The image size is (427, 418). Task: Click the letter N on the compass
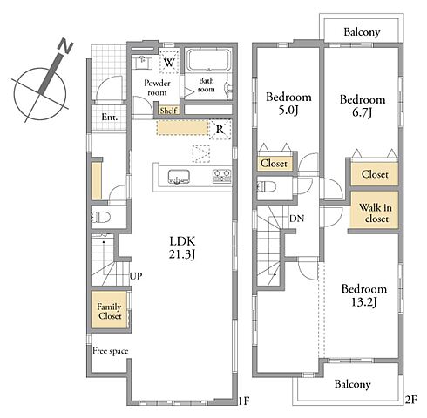click(x=65, y=46)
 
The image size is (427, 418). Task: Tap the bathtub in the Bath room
click(x=208, y=60)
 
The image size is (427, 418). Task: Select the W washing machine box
click(x=169, y=62)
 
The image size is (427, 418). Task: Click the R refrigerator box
click(x=220, y=129)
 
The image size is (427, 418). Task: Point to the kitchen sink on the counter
click(x=179, y=177)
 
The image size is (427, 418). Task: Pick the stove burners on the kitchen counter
click(x=222, y=176)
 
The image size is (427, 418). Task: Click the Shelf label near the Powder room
click(x=168, y=111)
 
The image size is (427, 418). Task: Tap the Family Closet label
click(x=109, y=311)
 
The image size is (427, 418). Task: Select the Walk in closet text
click(x=376, y=212)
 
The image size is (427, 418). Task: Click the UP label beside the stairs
click(x=136, y=276)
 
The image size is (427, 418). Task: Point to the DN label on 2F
click(x=296, y=218)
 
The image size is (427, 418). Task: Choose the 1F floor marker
click(x=244, y=401)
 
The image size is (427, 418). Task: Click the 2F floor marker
click(x=410, y=400)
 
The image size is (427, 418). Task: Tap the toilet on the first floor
click(x=100, y=217)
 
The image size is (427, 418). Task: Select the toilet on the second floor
click(x=267, y=186)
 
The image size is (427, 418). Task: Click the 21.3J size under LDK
click(x=182, y=254)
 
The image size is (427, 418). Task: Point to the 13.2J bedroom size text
click(x=364, y=302)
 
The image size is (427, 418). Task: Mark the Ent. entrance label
click(x=110, y=118)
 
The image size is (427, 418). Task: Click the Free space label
click(x=111, y=351)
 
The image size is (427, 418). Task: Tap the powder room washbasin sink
click(x=143, y=62)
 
